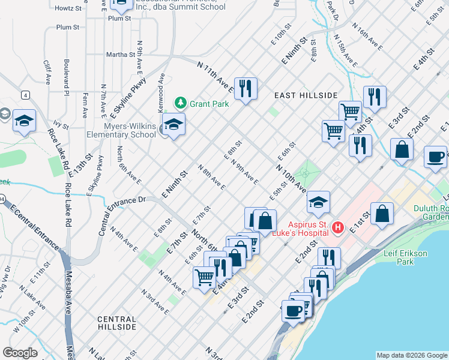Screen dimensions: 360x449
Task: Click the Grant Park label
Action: pos(209,104)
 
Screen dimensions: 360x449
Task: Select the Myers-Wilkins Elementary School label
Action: pos(121,130)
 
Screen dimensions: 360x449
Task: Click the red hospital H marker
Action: pos(338,227)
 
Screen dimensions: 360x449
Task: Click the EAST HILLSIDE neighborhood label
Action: pos(306,95)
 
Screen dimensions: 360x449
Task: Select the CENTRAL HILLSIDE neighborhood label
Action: pos(116,323)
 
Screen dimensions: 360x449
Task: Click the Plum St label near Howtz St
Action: pos(67,28)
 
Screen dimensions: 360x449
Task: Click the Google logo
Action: pos(20,353)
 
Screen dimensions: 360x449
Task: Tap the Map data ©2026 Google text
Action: pos(412,355)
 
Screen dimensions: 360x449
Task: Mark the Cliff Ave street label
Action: pos(47,71)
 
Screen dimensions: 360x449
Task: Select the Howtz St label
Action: pos(68,9)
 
